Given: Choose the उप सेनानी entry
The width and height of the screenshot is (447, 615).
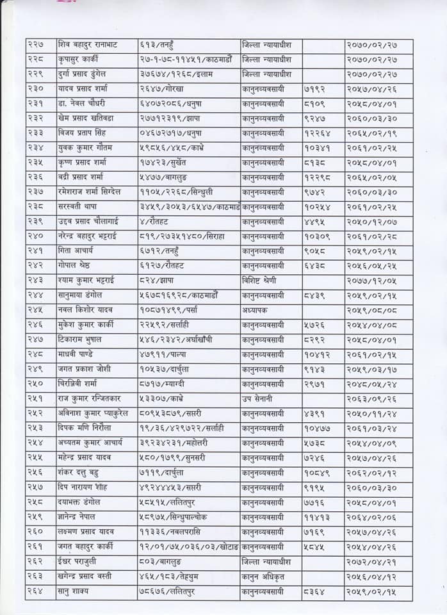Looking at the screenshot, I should tap(257, 398).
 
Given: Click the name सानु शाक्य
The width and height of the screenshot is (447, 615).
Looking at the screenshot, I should tap(76, 590).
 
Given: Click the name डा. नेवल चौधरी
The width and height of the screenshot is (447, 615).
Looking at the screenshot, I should tap(81, 104).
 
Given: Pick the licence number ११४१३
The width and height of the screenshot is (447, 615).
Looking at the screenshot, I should tap(316, 516).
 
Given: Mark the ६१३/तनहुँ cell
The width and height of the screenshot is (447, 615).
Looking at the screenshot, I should tap(156, 45).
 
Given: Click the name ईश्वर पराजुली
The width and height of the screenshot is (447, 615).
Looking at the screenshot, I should tap(79, 561).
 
